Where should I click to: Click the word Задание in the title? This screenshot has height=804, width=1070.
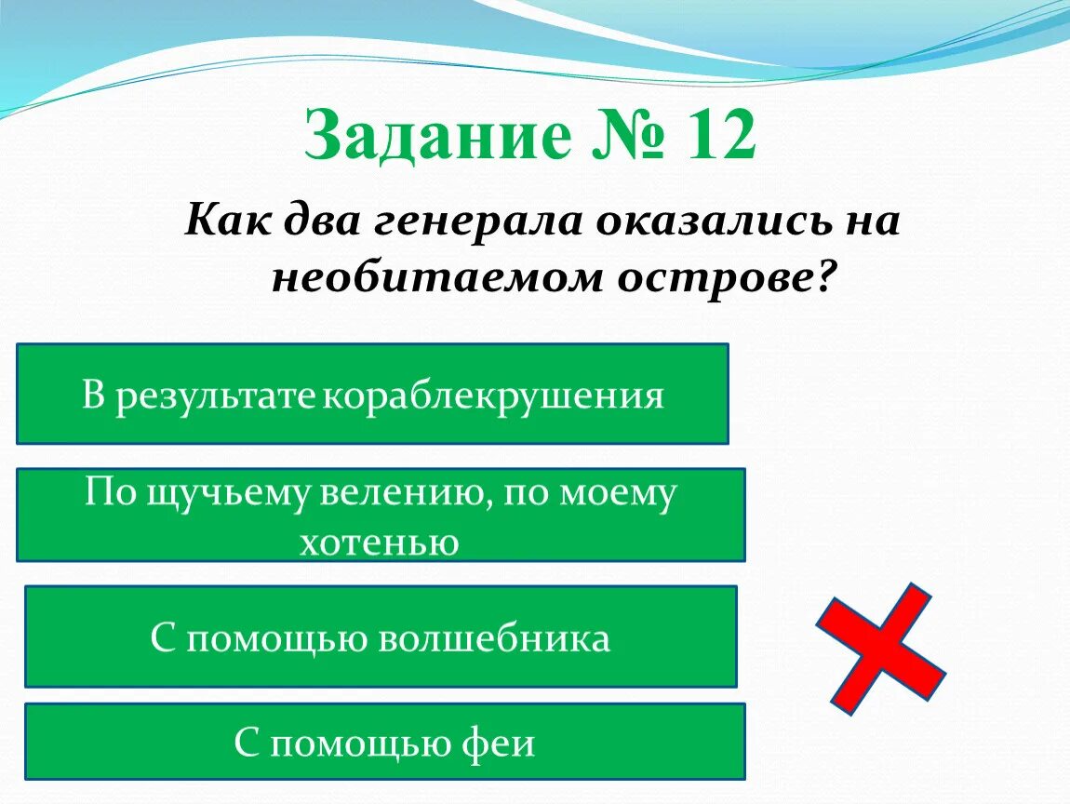pos(436,138)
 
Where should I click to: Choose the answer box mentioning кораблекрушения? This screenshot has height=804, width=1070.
pos(372,394)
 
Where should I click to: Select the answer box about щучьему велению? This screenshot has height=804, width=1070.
pos(381,515)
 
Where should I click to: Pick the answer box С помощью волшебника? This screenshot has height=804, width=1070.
pos(381,636)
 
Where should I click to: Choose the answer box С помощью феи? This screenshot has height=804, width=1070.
pos(384,741)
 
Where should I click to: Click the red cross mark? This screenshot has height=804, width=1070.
pos(879,649)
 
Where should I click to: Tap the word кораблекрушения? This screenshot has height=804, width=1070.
pos(493,396)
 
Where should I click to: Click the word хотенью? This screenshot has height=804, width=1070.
pos(380,541)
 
